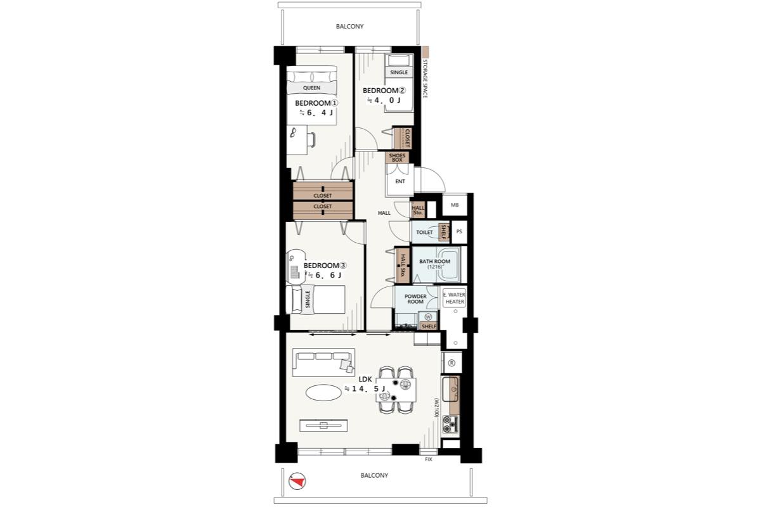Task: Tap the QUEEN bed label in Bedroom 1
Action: click(311, 88)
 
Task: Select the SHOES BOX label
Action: click(397, 158)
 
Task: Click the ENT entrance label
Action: click(400, 181)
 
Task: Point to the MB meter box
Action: click(455, 205)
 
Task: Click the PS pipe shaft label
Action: click(459, 231)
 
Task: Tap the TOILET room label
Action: click(424, 233)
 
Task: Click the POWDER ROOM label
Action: click(415, 299)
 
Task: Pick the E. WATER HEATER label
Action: click(455, 298)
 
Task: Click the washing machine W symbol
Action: click(428, 317)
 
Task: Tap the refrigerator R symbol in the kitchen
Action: click(452, 363)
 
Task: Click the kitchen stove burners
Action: click(450, 425)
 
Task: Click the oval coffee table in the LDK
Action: click(323, 392)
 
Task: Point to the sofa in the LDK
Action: click(323, 363)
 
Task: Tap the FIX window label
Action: click(429, 459)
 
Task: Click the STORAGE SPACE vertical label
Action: click(425, 79)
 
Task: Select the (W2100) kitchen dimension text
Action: click(436, 408)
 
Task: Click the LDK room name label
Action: click(365, 380)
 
